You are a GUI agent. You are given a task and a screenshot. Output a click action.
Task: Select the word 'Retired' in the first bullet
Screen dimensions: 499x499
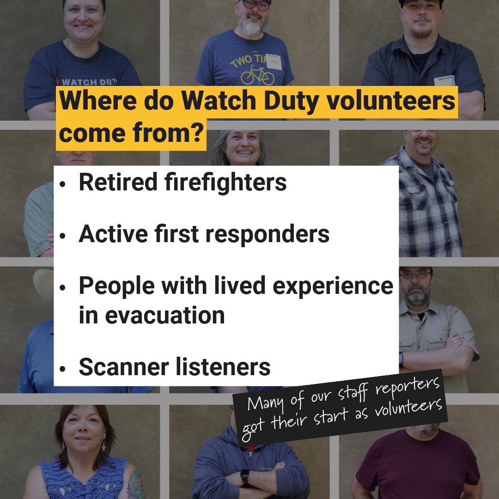point(118,182)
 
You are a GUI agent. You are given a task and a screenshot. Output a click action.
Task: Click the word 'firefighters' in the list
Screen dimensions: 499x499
point(225,182)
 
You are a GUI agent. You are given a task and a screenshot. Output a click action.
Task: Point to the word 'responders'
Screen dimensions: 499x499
point(267,234)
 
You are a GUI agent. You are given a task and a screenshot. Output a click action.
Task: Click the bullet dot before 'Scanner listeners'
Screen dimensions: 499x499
point(63,368)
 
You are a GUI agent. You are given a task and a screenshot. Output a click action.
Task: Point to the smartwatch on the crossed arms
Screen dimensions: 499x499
point(245,477)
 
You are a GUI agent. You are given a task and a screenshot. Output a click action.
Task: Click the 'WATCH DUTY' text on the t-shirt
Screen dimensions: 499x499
point(86,82)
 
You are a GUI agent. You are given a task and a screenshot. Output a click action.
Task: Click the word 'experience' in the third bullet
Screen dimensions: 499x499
point(333,286)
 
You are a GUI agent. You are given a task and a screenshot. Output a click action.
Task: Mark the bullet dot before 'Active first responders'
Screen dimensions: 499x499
point(63,235)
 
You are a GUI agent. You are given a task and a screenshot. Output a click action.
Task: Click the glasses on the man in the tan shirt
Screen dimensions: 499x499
point(415,274)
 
